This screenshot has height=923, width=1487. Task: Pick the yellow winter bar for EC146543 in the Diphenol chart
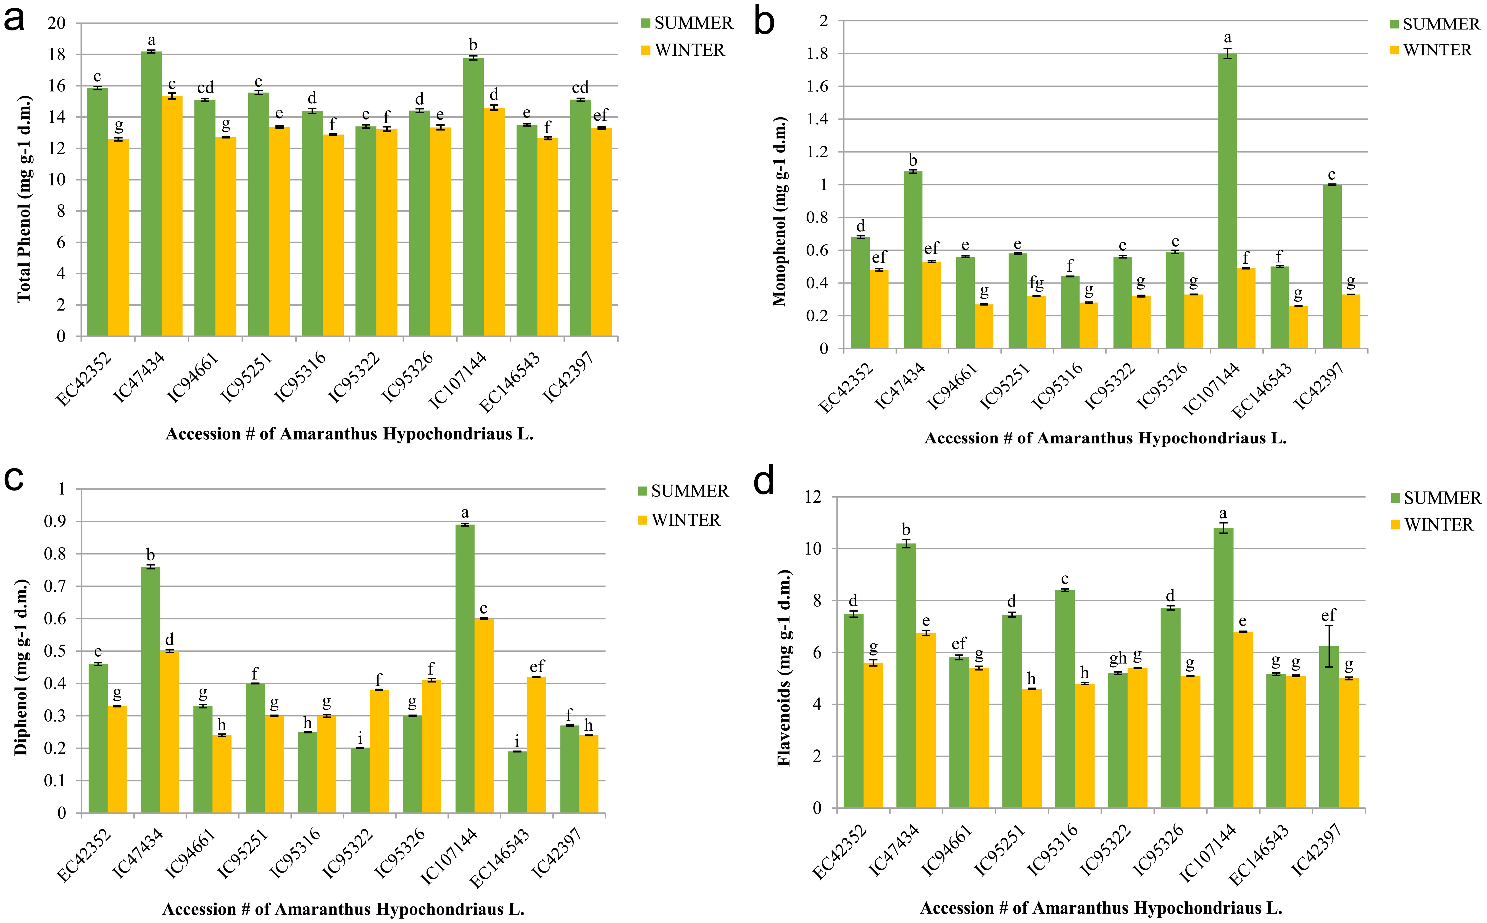pyautogui.click(x=536, y=745)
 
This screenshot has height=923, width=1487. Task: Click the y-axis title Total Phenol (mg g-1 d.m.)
pyautogui.click(x=23, y=198)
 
